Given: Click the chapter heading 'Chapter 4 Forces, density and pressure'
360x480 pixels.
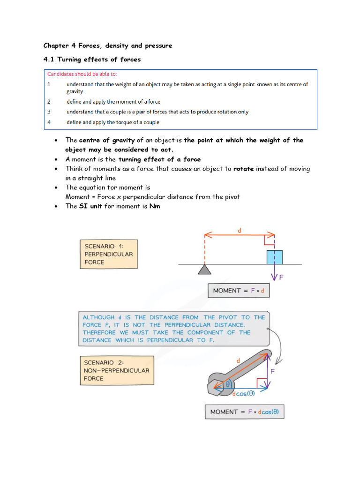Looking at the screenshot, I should coord(108,45).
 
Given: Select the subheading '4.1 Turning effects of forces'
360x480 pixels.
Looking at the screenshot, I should coord(92,60).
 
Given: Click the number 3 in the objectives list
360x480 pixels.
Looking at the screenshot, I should coord(49,112).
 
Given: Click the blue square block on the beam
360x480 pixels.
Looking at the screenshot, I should coord(275,257).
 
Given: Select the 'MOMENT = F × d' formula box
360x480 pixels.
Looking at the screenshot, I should coord(239,291).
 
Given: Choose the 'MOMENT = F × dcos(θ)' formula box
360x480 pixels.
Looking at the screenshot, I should coord(244,412).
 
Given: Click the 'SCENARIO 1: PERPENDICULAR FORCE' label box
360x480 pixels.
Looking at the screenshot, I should coord(109,255).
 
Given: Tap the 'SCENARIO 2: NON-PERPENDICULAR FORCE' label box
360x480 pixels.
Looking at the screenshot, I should coord(116,370).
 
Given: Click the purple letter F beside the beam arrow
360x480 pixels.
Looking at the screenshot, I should coord(282,277).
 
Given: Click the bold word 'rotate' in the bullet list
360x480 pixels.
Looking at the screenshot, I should coord(243,169).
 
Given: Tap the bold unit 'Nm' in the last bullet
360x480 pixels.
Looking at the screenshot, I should coord(155,206).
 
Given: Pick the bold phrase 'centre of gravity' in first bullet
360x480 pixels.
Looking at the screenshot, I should coord(107,140).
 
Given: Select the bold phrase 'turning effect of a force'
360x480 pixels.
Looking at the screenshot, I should coord(159,159).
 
